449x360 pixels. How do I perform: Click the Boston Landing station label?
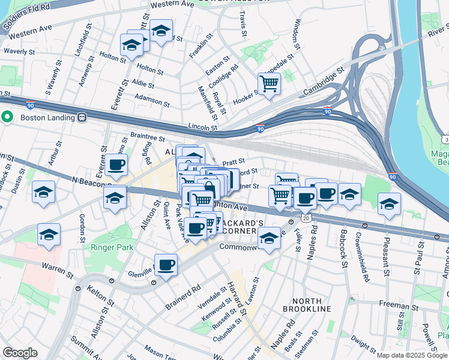pos(46,118)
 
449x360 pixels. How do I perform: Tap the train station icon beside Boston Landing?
pos(81,118)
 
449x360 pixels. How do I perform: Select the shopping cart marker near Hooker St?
pos(270,84)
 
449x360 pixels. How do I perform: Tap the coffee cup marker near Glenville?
pos(166,264)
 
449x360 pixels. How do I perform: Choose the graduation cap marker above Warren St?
pos(49,235)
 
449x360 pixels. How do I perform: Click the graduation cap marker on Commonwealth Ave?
pos(269,240)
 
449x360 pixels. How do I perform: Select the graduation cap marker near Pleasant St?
pos(389,203)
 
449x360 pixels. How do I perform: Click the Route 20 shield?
pos(306,219)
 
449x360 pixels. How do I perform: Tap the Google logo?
pos(19,353)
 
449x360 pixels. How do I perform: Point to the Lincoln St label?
pos(202,127)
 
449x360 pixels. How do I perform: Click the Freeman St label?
pos(394,305)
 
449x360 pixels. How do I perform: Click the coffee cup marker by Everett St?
pos(116,165)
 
